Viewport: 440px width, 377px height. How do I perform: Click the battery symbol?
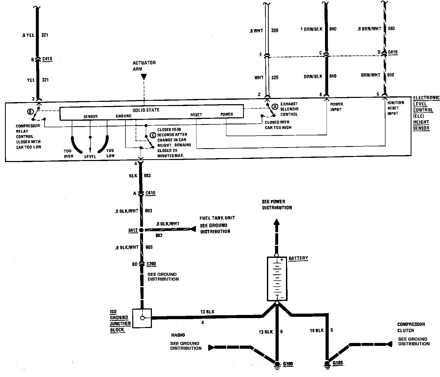277,279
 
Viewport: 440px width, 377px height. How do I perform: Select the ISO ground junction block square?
142,318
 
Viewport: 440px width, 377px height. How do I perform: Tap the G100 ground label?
288,364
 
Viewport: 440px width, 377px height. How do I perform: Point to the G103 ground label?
338,363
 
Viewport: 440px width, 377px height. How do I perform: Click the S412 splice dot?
141,230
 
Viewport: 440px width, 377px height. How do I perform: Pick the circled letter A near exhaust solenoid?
274,107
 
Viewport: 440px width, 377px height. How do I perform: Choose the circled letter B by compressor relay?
30,112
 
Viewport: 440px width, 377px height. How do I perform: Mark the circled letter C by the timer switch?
153,135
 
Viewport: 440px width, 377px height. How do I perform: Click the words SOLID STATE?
146,110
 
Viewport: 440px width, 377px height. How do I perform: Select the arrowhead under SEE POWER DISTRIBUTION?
277,222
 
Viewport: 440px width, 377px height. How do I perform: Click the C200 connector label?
151,264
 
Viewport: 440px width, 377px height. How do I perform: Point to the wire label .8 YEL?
28,35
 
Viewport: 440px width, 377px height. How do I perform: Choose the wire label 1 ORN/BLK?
311,29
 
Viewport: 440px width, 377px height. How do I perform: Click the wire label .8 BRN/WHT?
369,29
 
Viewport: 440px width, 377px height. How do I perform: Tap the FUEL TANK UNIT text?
217,218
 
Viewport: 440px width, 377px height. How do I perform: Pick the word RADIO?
178,335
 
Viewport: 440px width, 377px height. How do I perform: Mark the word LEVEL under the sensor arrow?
90,157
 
